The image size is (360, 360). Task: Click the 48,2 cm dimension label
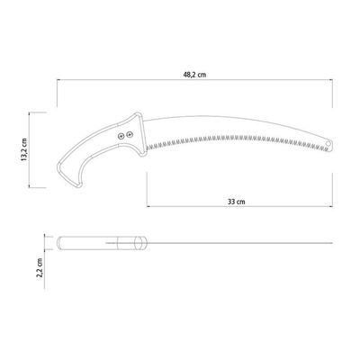[194, 75]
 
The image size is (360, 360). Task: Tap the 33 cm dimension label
[236, 202]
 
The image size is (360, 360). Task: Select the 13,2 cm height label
[24, 149]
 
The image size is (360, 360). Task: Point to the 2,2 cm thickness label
[40, 268]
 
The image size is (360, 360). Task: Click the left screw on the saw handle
[121, 137]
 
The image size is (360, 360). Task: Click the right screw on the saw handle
[130, 135]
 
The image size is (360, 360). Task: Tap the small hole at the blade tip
[328, 143]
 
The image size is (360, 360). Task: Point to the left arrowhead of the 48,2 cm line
[58, 80]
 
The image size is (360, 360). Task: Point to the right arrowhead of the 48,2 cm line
[331, 80]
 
